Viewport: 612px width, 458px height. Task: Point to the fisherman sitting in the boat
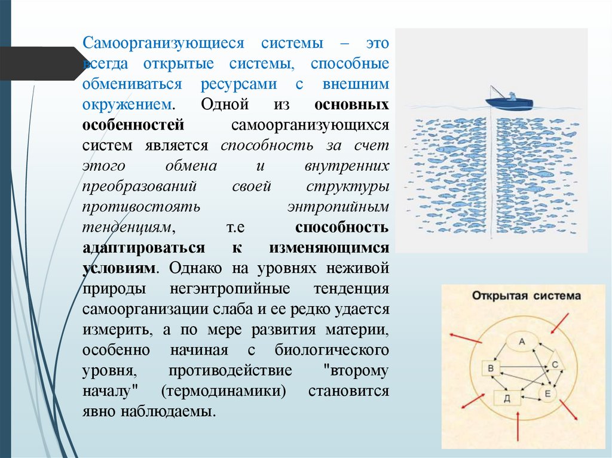click(512, 95)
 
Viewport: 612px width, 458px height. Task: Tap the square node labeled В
click(491, 368)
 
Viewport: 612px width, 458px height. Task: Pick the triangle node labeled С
click(554, 364)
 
